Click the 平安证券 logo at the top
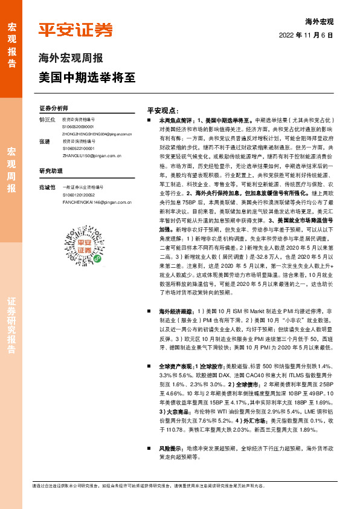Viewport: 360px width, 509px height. (x=76, y=30)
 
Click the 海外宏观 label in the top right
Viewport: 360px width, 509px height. (x=320, y=21)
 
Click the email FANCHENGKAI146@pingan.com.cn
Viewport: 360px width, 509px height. (x=97, y=202)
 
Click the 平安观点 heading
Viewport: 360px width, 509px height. (x=163, y=111)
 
